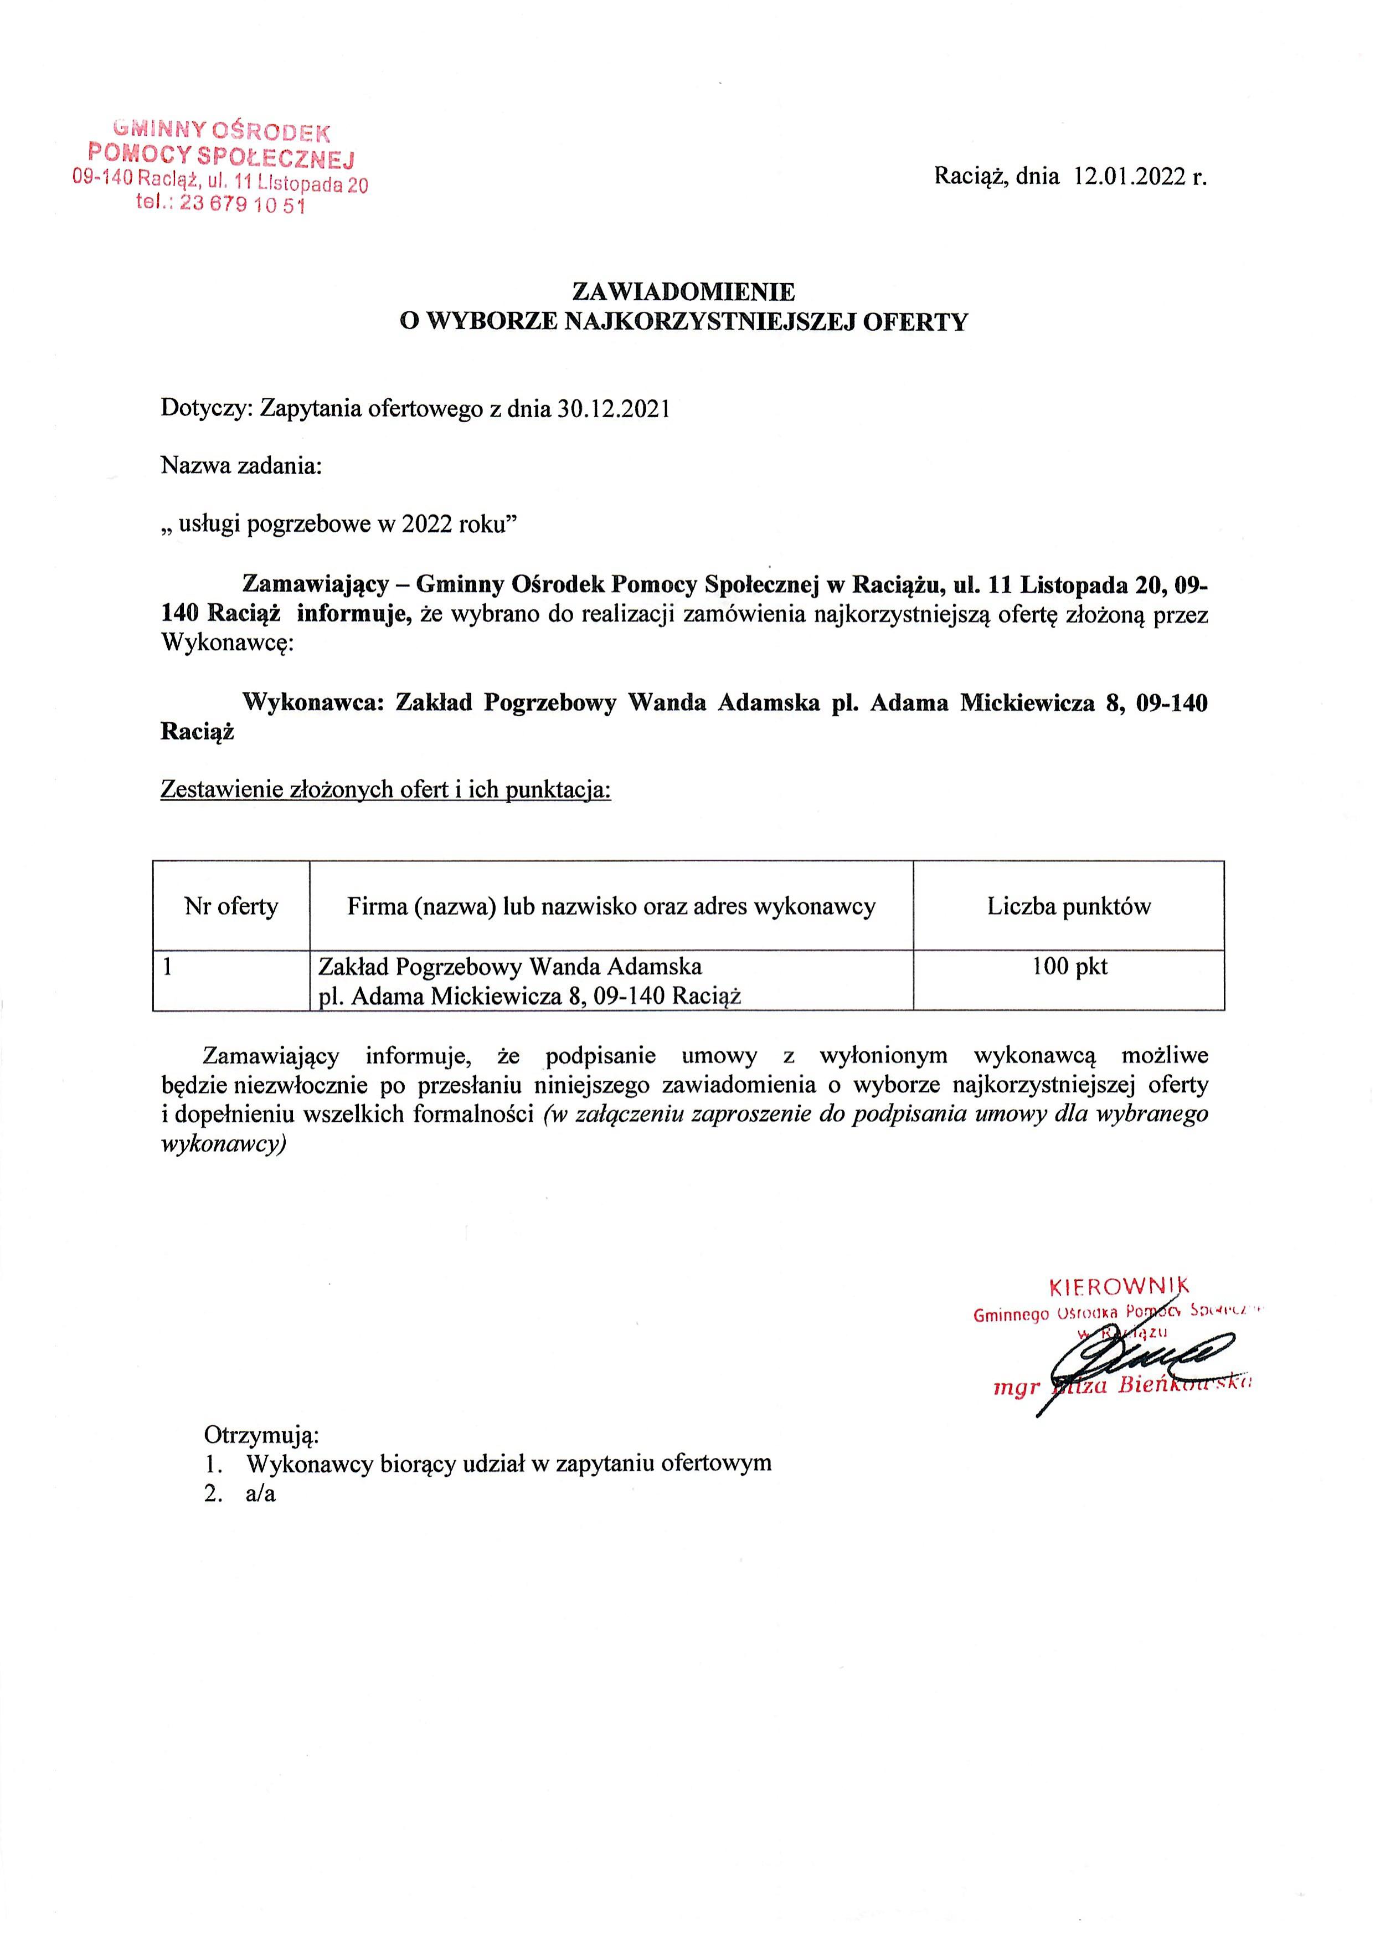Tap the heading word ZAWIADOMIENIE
(x=684, y=291)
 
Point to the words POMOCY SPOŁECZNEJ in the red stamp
(x=222, y=155)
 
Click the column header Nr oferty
(x=231, y=907)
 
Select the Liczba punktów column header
(x=1069, y=907)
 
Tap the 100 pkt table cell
(x=1069, y=966)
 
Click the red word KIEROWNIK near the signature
(x=1119, y=1288)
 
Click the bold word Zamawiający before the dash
(x=315, y=584)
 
